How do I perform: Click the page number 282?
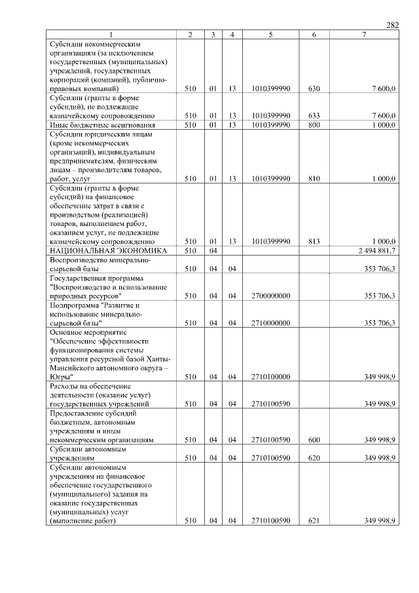click(392, 25)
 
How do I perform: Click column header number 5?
click(270, 35)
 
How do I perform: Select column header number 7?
click(364, 35)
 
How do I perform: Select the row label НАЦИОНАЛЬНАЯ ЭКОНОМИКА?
click(108, 251)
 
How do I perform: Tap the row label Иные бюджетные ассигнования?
click(102, 124)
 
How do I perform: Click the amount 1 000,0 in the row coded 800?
click(380, 124)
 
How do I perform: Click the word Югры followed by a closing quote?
click(62, 377)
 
